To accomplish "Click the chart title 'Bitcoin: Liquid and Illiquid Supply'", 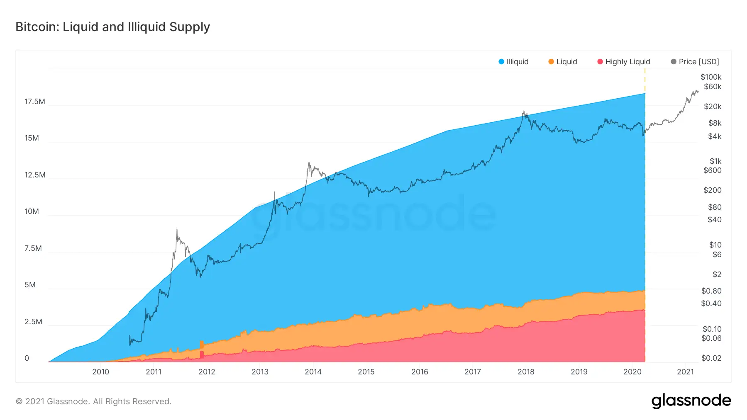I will pos(112,27).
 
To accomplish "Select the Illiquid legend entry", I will pos(513,62).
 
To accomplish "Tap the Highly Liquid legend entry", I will pos(623,62).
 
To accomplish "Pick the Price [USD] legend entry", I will pos(695,62).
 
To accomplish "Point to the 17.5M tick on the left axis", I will pos(35,102).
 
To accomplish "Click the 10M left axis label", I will pos(32,211).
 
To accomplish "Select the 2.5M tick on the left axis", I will pos(33,322).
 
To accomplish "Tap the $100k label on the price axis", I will pos(711,77).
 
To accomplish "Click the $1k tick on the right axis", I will pos(715,161).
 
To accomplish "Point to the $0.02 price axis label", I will pos(711,358).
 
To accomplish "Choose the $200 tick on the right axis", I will pos(713,190).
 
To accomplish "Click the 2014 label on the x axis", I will pos(313,372).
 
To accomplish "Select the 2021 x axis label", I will pos(685,372).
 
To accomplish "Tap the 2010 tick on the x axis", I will pos(100,372).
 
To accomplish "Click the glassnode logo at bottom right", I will pos(691,401).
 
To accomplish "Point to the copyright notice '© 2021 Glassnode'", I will pos(93,401).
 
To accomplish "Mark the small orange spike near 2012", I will pos(202,344).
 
